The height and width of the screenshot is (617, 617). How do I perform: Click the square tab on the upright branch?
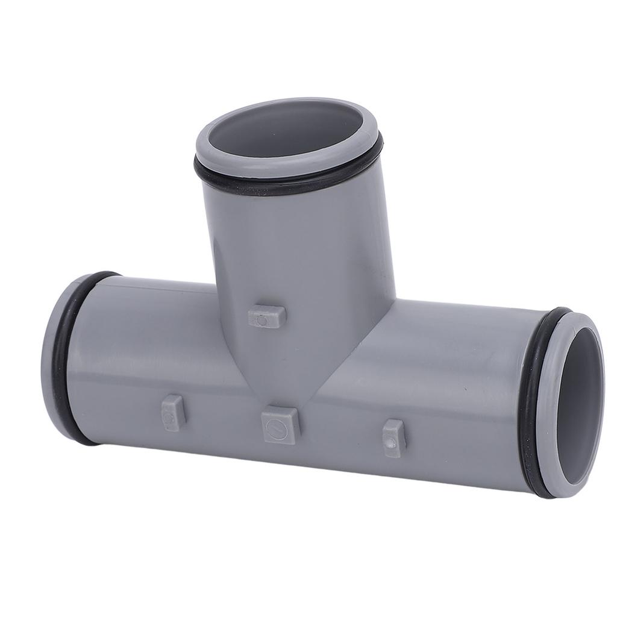tap(266, 316)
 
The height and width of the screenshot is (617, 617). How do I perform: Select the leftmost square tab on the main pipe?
tap(171, 413)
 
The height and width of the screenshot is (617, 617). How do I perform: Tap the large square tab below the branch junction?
tap(281, 424)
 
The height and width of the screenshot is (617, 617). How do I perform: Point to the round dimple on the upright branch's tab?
tap(262, 321)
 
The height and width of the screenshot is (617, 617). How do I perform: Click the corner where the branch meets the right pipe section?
tap(394, 299)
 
